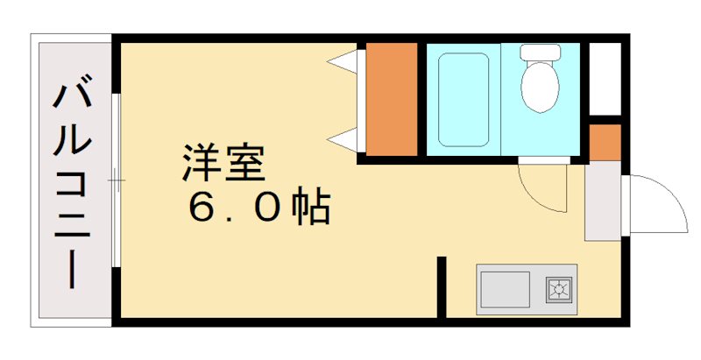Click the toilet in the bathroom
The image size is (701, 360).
(541, 84)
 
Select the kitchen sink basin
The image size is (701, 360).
(505, 288)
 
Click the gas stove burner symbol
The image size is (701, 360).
(558, 288)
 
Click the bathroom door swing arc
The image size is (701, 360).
(541, 186)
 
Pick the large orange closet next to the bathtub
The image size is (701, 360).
(390, 98)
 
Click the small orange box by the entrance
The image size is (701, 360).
(605, 142)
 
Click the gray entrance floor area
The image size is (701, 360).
(602, 201)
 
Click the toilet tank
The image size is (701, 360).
(541, 52)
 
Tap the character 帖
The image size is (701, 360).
(312, 208)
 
